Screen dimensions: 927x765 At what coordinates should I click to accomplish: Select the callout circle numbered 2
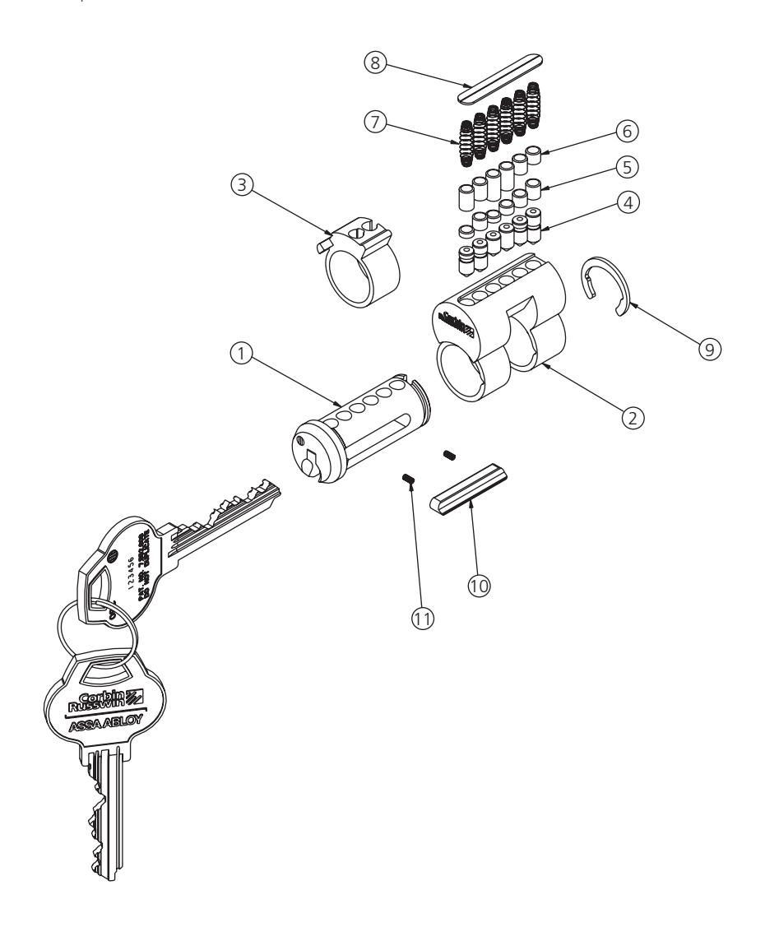(x=631, y=418)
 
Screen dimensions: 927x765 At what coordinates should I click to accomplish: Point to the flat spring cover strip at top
(x=512, y=76)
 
